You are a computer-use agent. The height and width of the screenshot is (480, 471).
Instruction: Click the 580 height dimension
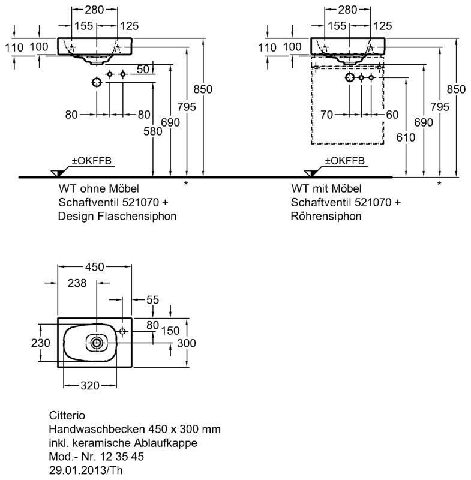153,131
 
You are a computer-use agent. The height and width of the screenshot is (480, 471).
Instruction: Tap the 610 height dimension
406,137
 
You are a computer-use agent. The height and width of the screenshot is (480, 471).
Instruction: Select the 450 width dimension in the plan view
95,267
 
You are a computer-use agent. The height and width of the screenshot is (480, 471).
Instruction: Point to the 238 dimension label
77,283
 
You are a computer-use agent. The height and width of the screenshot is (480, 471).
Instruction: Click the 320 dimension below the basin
90,385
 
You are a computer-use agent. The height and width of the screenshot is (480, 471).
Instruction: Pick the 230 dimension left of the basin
40,343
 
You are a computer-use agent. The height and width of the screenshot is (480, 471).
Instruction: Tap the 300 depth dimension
187,343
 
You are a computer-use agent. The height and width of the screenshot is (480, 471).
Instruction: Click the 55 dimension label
153,299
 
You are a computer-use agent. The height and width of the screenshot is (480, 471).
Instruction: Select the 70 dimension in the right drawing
326,115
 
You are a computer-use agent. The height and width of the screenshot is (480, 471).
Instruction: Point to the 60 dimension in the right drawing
392,115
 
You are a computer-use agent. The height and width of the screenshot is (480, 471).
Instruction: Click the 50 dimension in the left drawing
143,70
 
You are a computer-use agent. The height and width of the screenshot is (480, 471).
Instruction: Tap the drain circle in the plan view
97,343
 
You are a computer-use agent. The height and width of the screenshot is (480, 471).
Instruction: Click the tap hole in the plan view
123,331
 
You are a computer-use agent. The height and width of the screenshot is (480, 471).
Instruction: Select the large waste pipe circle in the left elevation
97,82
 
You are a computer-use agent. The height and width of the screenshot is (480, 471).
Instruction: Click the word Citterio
67,415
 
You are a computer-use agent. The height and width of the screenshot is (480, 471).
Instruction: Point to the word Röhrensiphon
326,216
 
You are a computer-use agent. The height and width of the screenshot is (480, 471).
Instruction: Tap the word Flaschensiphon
137,216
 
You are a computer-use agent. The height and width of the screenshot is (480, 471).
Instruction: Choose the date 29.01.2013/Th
86,470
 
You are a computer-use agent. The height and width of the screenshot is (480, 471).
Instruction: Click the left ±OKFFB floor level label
92,161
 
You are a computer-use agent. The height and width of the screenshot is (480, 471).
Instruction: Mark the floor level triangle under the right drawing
311,173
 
